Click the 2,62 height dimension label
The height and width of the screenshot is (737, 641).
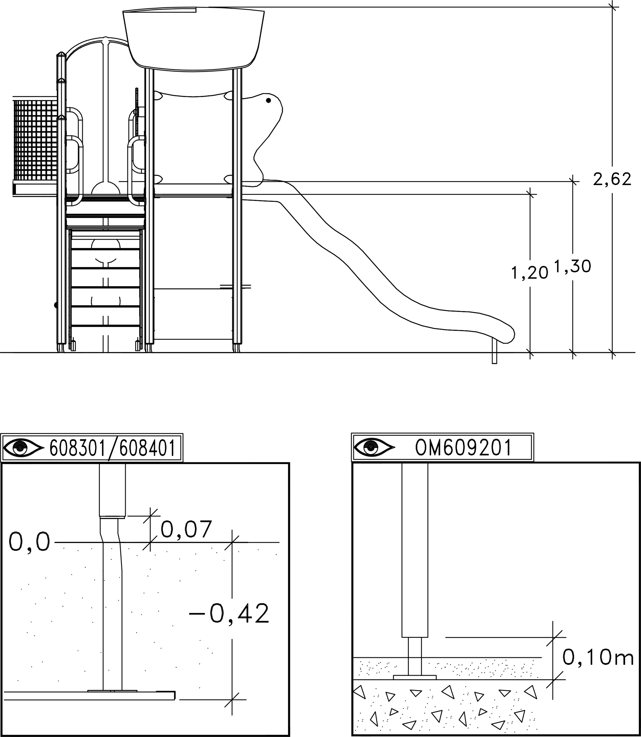tap(612, 179)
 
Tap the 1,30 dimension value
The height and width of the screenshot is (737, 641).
tap(572, 266)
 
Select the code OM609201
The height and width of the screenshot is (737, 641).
tap(463, 447)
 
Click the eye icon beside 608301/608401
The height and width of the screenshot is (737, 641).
tap(23, 447)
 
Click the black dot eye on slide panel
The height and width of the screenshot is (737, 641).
tap(268, 101)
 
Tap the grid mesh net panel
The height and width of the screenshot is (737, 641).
tap(35, 140)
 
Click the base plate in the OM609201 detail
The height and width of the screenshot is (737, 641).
tap(415, 677)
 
